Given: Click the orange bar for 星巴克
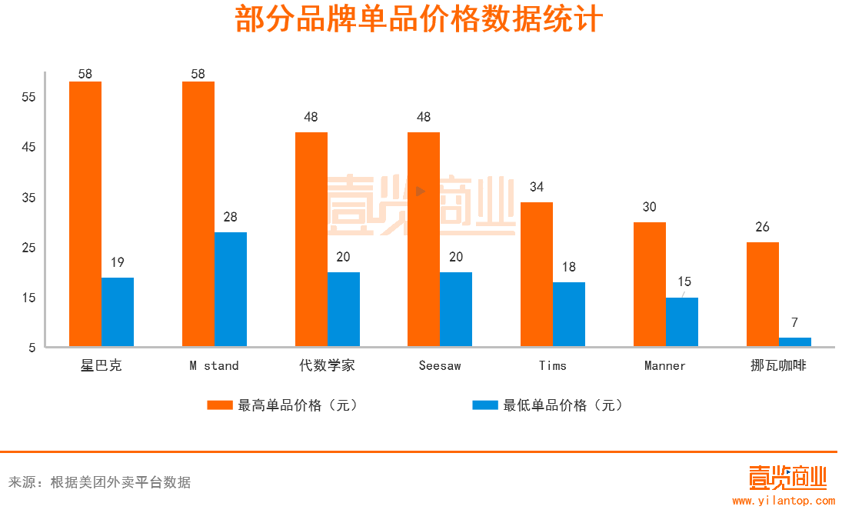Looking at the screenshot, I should (85, 214).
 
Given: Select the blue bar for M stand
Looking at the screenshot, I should (231, 289).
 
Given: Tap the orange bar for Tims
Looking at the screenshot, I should (537, 274).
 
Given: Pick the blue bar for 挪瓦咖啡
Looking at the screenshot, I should (795, 341).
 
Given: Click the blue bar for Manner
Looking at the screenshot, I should (682, 321).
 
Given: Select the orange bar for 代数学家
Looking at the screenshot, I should (311, 239).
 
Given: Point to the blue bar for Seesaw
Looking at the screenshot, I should (456, 309).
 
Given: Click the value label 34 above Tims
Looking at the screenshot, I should (537, 187).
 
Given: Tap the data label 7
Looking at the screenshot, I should (795, 322).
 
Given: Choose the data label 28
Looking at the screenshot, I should (231, 217).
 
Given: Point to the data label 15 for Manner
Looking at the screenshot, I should (684, 281).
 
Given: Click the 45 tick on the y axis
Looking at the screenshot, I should (28, 148).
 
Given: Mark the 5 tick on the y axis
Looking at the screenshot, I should (32, 348).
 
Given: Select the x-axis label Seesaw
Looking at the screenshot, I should (440, 366).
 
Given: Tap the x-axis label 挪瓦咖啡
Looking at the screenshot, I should (779, 366).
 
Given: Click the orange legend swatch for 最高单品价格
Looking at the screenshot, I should (220, 405).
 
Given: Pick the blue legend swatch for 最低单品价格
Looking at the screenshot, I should (485, 405).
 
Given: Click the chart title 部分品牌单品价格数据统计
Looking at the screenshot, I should (419, 21).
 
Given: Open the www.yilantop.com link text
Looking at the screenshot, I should (783, 501).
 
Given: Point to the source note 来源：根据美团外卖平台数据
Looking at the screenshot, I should (100, 483).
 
